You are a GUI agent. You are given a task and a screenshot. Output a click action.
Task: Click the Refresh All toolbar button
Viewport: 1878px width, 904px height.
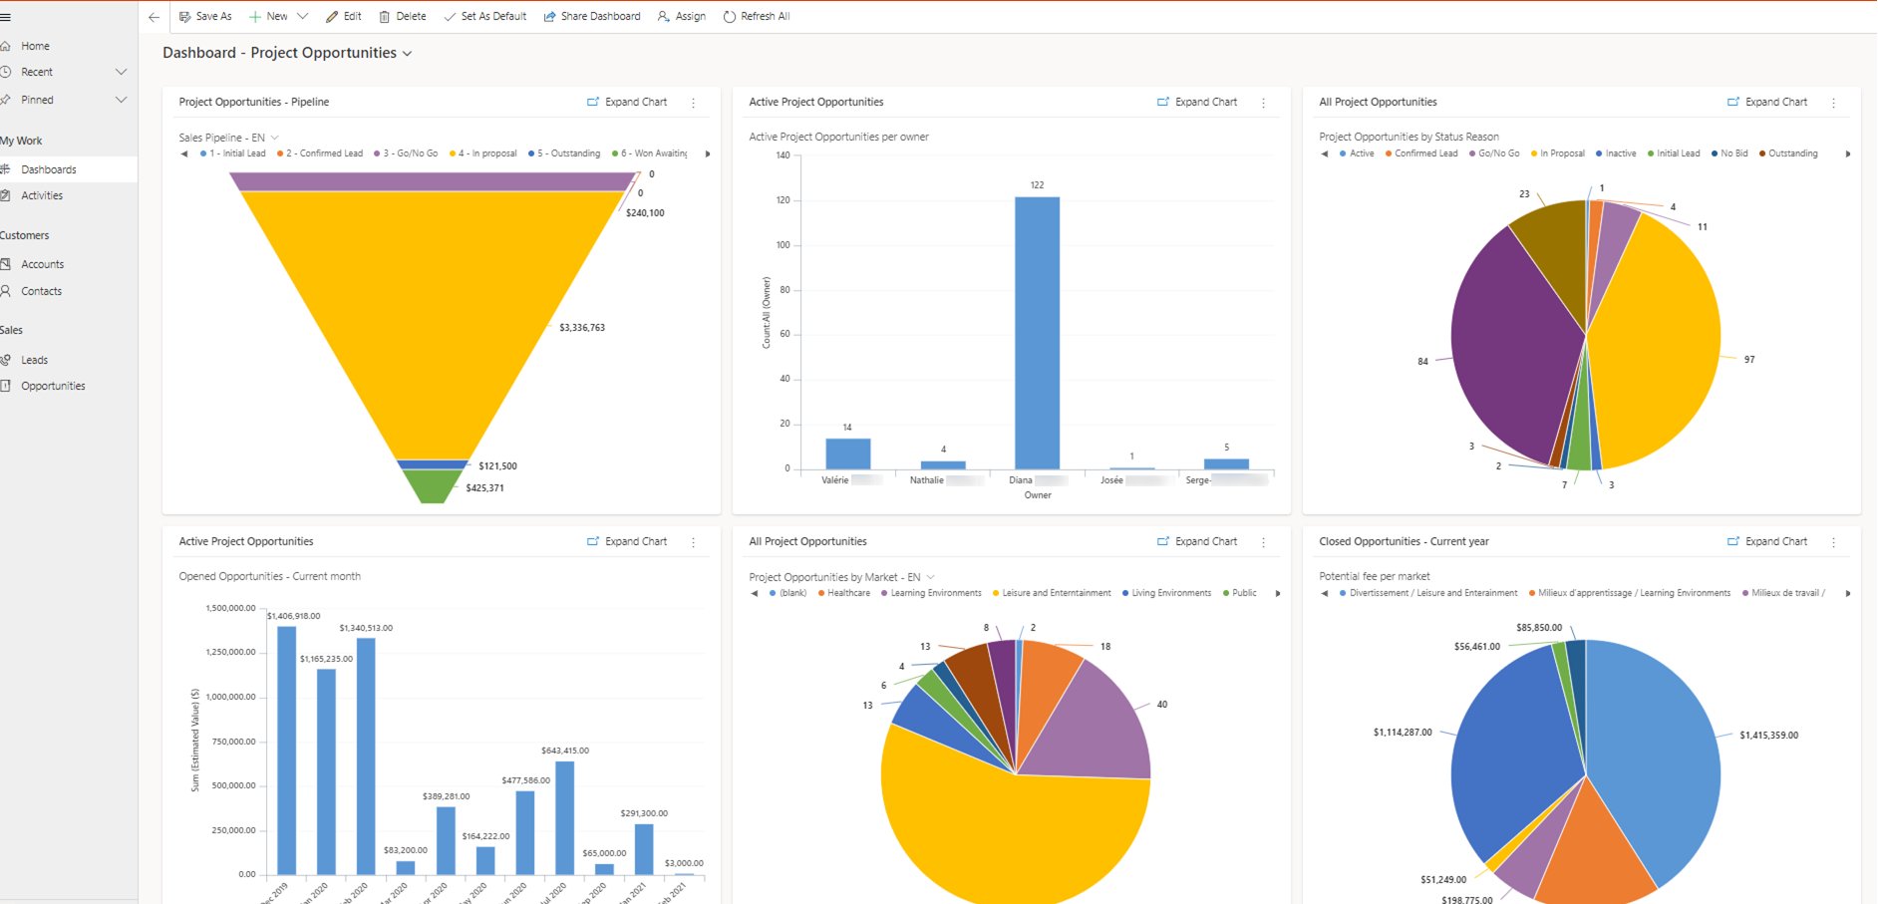(757, 16)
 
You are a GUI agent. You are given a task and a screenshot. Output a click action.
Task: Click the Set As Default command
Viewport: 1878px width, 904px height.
(485, 16)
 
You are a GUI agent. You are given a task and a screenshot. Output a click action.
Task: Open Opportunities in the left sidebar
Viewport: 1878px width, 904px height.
(53, 386)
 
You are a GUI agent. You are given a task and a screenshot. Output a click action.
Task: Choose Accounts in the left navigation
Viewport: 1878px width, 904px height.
(42, 264)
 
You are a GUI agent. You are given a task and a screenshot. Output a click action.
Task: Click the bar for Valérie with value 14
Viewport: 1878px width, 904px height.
(847, 453)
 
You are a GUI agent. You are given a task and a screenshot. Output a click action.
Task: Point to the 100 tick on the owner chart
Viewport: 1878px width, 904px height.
(783, 245)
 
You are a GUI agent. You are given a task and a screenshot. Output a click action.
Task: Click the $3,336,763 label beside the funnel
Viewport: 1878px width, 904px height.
(582, 328)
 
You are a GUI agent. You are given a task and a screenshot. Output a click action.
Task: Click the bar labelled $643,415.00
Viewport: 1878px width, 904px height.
(564, 817)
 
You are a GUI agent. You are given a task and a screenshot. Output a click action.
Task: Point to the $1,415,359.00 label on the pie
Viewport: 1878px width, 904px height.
(1768, 736)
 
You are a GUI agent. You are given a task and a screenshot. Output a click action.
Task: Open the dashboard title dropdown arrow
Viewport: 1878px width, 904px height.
(407, 54)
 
